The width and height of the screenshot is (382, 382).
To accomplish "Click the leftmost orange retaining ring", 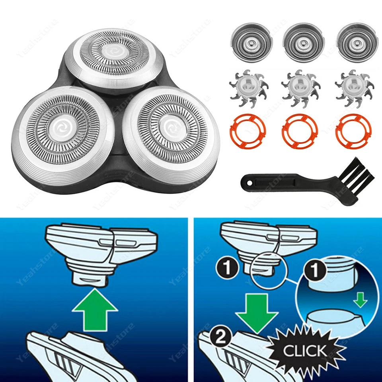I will [248, 131].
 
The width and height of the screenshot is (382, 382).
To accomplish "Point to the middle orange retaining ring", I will [300, 131].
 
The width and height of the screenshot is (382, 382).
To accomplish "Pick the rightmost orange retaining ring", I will [353, 131].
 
